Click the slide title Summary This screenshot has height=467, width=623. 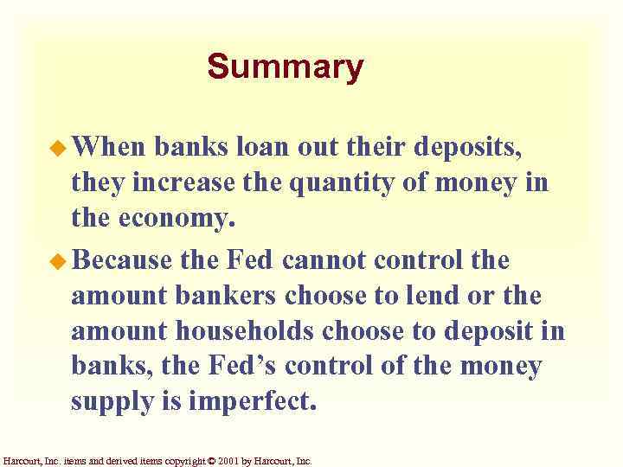coord(286,67)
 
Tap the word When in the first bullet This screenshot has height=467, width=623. coord(109,148)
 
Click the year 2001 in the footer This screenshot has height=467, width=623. coord(231,460)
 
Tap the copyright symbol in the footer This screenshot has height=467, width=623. coord(213,460)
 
